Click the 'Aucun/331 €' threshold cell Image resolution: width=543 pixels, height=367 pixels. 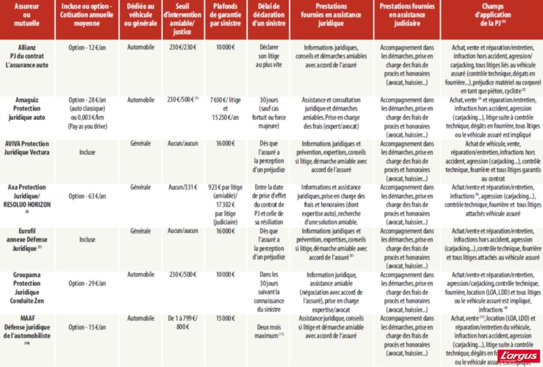(x=182, y=188)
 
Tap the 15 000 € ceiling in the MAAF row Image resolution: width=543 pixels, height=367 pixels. (x=225, y=318)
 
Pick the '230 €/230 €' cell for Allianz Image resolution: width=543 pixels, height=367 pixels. (x=182, y=47)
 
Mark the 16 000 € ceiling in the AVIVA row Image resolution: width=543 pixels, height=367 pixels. (x=225, y=143)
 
